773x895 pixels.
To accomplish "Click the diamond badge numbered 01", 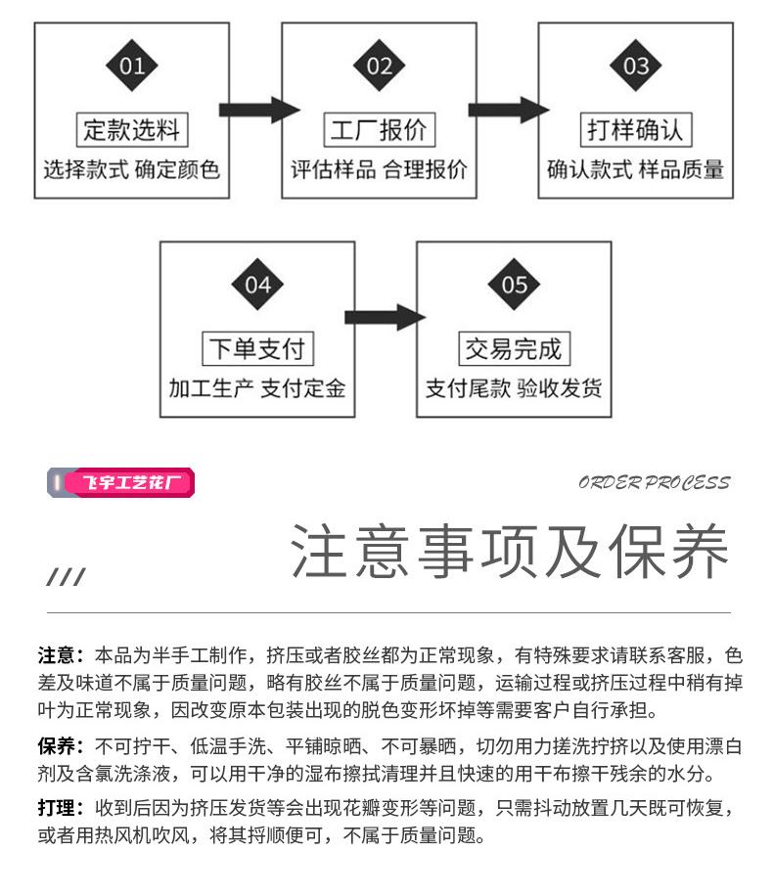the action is point(132,66).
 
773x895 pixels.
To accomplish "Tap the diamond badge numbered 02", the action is point(379,66).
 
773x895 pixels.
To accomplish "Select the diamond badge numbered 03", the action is point(635,66).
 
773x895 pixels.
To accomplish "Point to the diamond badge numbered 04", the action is point(257,285).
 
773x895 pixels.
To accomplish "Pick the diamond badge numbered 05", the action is point(514,285).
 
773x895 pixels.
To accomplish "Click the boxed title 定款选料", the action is point(132,129).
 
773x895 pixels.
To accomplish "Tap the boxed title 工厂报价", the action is point(379,129).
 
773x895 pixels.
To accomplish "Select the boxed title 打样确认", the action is point(635,129).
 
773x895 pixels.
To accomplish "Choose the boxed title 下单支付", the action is point(257,348).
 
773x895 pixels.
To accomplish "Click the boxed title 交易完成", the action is point(514,348).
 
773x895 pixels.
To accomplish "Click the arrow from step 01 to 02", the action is point(259,110).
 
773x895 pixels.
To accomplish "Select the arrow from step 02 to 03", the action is point(509,110).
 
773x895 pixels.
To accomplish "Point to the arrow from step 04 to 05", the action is point(385,317).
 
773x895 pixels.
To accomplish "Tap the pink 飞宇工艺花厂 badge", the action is point(121,482).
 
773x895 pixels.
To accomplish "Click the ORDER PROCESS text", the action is point(655,483).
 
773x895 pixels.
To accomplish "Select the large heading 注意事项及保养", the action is point(510,551).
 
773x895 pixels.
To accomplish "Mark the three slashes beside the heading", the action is point(66,576).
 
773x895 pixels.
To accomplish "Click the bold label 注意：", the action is point(61,655).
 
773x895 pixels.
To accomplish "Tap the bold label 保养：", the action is point(61,746).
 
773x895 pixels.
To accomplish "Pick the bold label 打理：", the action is point(61,808).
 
